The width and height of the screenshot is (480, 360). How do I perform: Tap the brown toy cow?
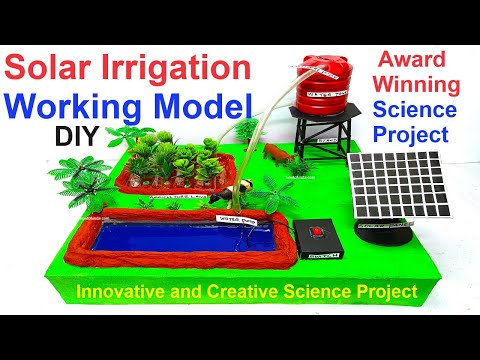pos(273,154)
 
